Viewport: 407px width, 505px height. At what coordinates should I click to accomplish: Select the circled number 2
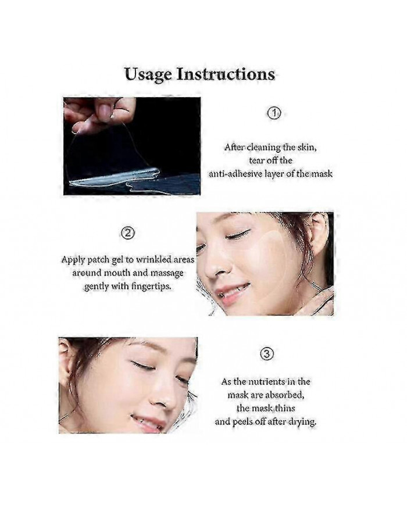[x=128, y=234]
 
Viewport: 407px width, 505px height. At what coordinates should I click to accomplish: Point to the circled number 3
[x=265, y=354]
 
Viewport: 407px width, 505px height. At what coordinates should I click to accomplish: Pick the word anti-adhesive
[x=235, y=174]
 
